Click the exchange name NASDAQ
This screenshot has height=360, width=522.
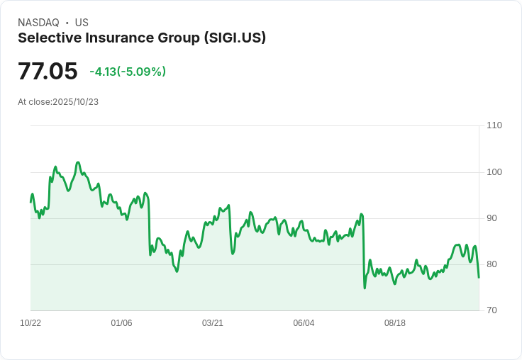click(38, 23)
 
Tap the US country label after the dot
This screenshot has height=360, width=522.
click(82, 23)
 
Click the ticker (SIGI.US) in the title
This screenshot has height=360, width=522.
click(233, 38)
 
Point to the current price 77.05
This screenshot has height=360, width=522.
click(48, 72)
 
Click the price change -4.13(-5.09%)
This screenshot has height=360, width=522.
click(128, 72)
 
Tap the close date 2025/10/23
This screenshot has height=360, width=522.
click(75, 102)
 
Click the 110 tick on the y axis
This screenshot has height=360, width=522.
click(494, 125)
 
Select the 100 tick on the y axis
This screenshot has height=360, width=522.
click(494, 172)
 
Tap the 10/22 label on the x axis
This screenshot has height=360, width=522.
click(30, 323)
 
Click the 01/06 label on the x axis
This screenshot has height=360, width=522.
click(121, 323)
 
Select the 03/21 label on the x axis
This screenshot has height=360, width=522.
click(213, 323)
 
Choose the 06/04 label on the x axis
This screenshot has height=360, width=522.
click(304, 323)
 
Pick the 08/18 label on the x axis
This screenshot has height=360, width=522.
click(395, 323)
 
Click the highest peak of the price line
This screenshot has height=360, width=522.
click(78, 162)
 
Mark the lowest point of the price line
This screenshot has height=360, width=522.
click(365, 288)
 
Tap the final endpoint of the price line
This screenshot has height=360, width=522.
click(479, 277)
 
